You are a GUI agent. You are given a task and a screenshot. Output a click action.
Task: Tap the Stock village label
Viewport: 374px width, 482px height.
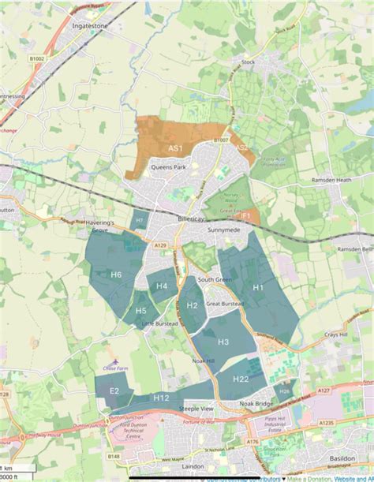click(250, 61)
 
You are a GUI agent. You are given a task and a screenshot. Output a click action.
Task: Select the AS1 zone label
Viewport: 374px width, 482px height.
click(175, 148)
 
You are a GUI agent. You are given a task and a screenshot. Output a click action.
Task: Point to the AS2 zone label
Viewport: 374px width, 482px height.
click(241, 147)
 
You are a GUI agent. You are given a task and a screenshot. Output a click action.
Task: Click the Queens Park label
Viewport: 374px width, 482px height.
click(168, 167)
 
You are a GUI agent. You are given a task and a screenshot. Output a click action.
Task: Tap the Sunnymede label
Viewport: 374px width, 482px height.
click(223, 230)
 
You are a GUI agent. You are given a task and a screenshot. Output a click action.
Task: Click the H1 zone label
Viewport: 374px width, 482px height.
click(257, 288)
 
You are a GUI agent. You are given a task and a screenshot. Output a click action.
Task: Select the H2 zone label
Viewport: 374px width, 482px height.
click(192, 305)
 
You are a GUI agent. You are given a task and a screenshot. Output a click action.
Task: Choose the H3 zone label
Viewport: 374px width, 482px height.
click(223, 342)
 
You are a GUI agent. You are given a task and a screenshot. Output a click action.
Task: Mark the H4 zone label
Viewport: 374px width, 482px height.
click(162, 286)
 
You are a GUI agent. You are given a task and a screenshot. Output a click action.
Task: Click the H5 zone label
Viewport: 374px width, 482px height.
click(140, 311)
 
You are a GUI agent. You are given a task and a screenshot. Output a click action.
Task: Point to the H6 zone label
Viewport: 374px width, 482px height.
click(116, 275)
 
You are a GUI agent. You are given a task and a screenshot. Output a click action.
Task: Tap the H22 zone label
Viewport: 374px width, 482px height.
click(241, 379)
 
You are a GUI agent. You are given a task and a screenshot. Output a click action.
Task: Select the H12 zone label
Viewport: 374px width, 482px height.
click(161, 398)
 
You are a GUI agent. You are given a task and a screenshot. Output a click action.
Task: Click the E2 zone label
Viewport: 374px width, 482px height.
click(114, 391)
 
